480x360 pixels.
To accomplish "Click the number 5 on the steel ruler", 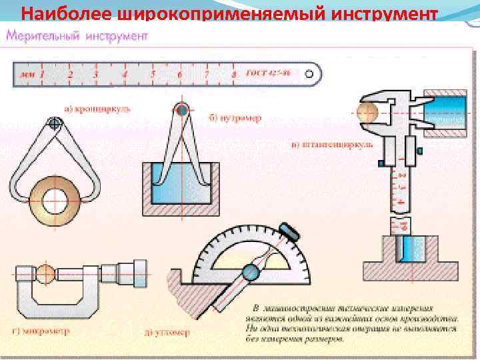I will (153, 74).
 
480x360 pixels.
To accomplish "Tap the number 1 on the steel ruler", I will (42, 75).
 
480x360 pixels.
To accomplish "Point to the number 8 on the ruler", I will (233, 75).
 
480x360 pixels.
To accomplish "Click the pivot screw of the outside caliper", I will (55, 123).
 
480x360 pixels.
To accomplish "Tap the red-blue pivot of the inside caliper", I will (182, 109).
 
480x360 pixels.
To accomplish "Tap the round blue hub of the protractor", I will (252, 271).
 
